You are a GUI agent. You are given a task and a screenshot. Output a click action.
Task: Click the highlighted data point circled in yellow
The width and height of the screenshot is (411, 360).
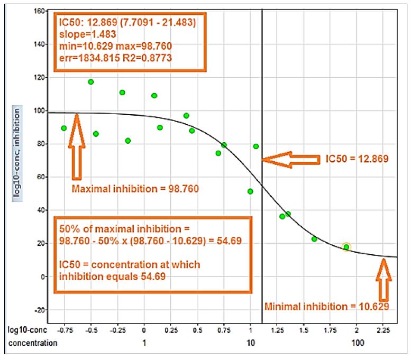(346, 247)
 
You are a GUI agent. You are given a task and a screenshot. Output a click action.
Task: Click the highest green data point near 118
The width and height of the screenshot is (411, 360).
(91, 82)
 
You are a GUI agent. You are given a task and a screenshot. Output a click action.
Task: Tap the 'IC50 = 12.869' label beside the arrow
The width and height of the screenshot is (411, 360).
(357, 159)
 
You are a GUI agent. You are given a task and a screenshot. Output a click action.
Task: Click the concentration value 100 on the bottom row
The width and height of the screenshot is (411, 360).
(358, 343)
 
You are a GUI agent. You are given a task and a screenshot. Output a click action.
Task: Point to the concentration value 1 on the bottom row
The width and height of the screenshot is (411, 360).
(144, 343)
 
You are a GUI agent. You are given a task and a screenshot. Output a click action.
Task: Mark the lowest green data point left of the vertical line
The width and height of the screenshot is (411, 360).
(250, 191)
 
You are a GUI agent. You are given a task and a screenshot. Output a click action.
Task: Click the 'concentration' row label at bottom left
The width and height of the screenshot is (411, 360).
(32, 343)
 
